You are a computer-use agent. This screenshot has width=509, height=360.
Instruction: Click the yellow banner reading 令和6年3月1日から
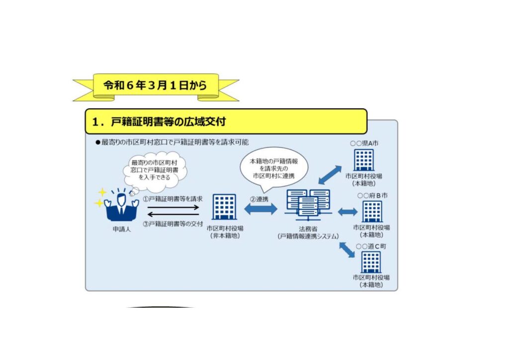pyautogui.click(x=155, y=86)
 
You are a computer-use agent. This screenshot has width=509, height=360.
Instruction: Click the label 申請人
pyautogui.click(x=121, y=230)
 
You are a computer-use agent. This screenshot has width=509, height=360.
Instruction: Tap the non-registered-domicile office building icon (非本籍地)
pyautogui.click(x=224, y=207)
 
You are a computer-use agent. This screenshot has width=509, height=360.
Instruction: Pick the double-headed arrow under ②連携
pyautogui.click(x=260, y=209)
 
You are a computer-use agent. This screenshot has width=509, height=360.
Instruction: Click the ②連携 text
pyautogui.click(x=259, y=198)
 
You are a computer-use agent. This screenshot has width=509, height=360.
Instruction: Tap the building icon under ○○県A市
pyautogui.click(x=364, y=160)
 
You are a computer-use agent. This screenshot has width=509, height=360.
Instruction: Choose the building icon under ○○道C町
pyautogui.click(x=371, y=262)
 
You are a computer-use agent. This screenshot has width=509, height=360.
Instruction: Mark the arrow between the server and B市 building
pyautogui.click(x=347, y=212)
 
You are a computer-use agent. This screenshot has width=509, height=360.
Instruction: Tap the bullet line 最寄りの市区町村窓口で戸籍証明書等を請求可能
pyautogui.click(x=172, y=142)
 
